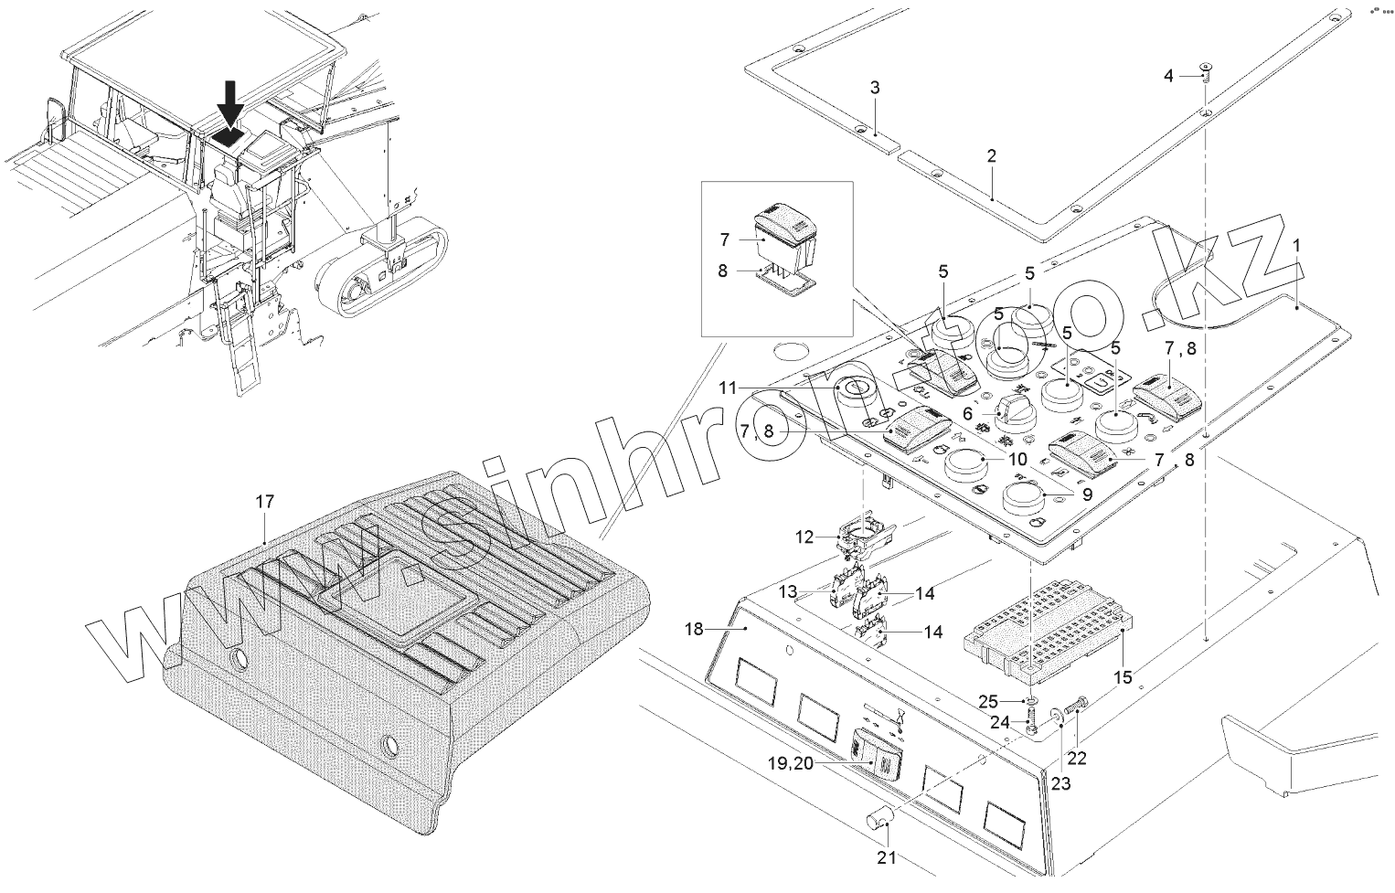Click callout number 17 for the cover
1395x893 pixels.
pyautogui.click(x=264, y=501)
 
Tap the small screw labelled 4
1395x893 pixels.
pyautogui.click(x=1206, y=71)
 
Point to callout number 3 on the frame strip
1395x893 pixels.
pyautogui.click(x=875, y=88)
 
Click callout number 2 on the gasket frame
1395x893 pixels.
pyautogui.click(x=992, y=156)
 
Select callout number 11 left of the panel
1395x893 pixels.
pyautogui.click(x=727, y=388)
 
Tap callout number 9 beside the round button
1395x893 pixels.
pyautogui.click(x=1086, y=494)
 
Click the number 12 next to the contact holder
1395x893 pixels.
pyautogui.click(x=804, y=537)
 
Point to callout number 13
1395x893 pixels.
pyautogui.click(x=788, y=592)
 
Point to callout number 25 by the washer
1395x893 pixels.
pyautogui.click(x=988, y=701)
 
